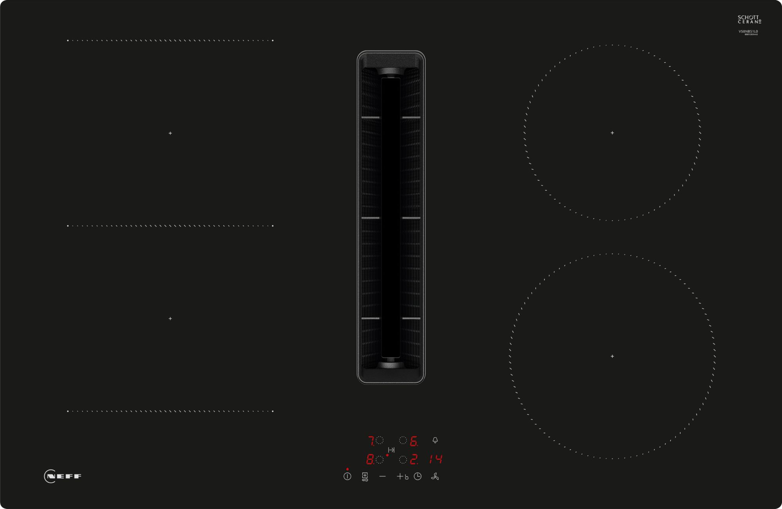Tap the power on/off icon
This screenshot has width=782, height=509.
(x=347, y=476)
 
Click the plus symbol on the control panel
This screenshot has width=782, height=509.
(x=400, y=476)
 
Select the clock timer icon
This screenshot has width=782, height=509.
(x=418, y=476)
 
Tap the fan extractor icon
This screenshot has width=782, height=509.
(x=435, y=476)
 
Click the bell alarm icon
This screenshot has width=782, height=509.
(x=435, y=440)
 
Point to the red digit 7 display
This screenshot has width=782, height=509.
(x=371, y=441)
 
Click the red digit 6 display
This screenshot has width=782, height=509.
(x=413, y=441)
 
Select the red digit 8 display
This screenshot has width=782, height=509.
(x=369, y=459)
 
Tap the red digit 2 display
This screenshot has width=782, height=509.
(x=414, y=459)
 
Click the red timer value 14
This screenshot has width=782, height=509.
(x=436, y=459)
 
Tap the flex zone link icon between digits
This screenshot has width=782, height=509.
(x=391, y=450)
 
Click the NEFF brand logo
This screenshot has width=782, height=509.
(x=63, y=476)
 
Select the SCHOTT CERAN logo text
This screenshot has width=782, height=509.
(x=749, y=20)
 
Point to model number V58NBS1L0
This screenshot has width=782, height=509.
(x=748, y=31)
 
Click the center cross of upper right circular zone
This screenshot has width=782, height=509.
(x=612, y=133)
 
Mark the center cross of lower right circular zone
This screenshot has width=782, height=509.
(x=612, y=356)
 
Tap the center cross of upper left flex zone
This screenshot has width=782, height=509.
(x=170, y=133)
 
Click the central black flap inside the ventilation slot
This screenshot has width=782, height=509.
(x=391, y=217)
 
